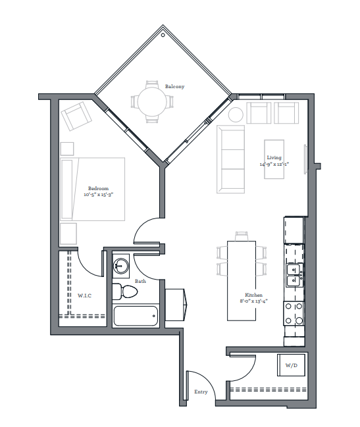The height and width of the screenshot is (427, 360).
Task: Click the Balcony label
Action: tap(174, 86)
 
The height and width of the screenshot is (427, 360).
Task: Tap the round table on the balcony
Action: tap(152, 101)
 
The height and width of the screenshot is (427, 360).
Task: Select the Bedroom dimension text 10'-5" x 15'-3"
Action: tap(98, 195)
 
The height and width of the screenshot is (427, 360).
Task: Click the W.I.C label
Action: tap(84, 295)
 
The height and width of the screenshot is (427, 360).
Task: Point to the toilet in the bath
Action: tap(125, 291)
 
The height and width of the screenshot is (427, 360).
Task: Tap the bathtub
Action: tap(136, 316)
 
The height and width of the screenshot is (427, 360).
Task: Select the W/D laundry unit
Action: tap(291, 365)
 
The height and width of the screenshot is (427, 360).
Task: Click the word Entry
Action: tap(201, 391)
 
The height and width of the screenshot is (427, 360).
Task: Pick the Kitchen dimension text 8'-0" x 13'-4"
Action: tap(254, 301)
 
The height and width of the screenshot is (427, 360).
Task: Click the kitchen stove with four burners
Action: tap(294, 313)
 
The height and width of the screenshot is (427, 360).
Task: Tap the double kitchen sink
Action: tap(294, 275)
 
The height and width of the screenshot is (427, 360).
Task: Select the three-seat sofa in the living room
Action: tap(230, 159)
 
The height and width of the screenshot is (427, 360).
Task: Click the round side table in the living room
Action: tap(236, 114)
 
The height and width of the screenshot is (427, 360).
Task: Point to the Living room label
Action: tap(274, 158)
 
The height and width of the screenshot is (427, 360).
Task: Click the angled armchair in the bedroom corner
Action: tap(76, 116)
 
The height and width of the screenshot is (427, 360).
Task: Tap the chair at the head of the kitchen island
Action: tap(242, 236)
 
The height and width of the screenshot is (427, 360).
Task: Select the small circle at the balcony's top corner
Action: tap(163, 35)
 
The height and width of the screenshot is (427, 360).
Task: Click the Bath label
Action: tap(141, 281)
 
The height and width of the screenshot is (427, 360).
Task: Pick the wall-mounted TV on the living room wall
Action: tap(305, 159)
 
